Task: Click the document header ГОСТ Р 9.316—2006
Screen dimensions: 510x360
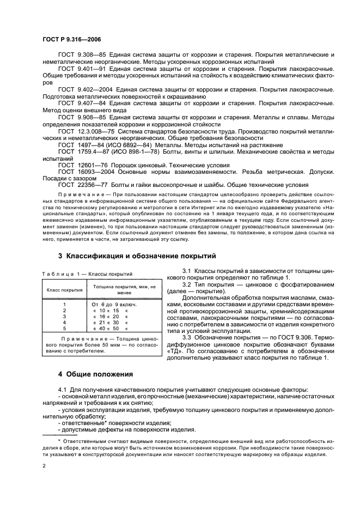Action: [71, 39]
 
